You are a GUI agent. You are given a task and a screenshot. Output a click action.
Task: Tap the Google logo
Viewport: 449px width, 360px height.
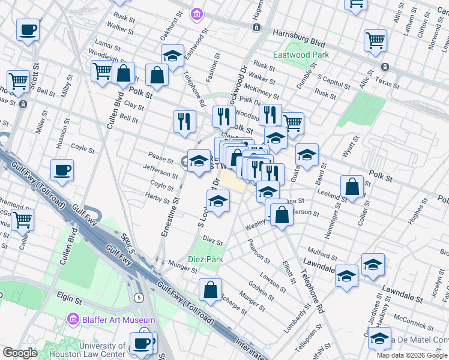20,353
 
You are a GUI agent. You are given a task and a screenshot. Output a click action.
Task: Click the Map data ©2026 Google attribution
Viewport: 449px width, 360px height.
412,355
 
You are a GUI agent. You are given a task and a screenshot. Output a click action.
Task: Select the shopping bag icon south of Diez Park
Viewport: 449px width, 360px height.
211,290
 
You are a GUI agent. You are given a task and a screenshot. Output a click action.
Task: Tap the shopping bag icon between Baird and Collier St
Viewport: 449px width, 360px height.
352,187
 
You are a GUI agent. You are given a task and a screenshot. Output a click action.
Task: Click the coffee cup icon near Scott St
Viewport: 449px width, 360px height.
28,29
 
